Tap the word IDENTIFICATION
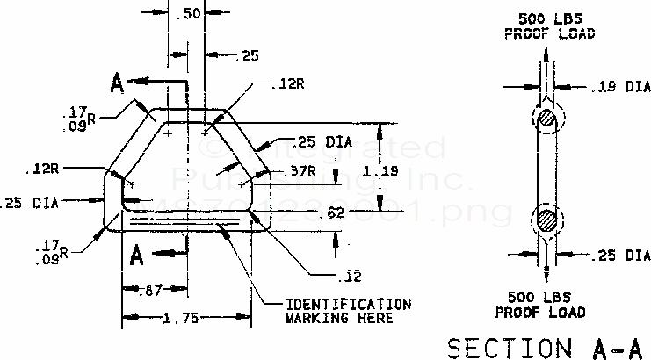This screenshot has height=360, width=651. [348, 305]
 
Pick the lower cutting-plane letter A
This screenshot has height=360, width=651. [136, 256]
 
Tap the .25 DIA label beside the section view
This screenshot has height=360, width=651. [620, 256]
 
